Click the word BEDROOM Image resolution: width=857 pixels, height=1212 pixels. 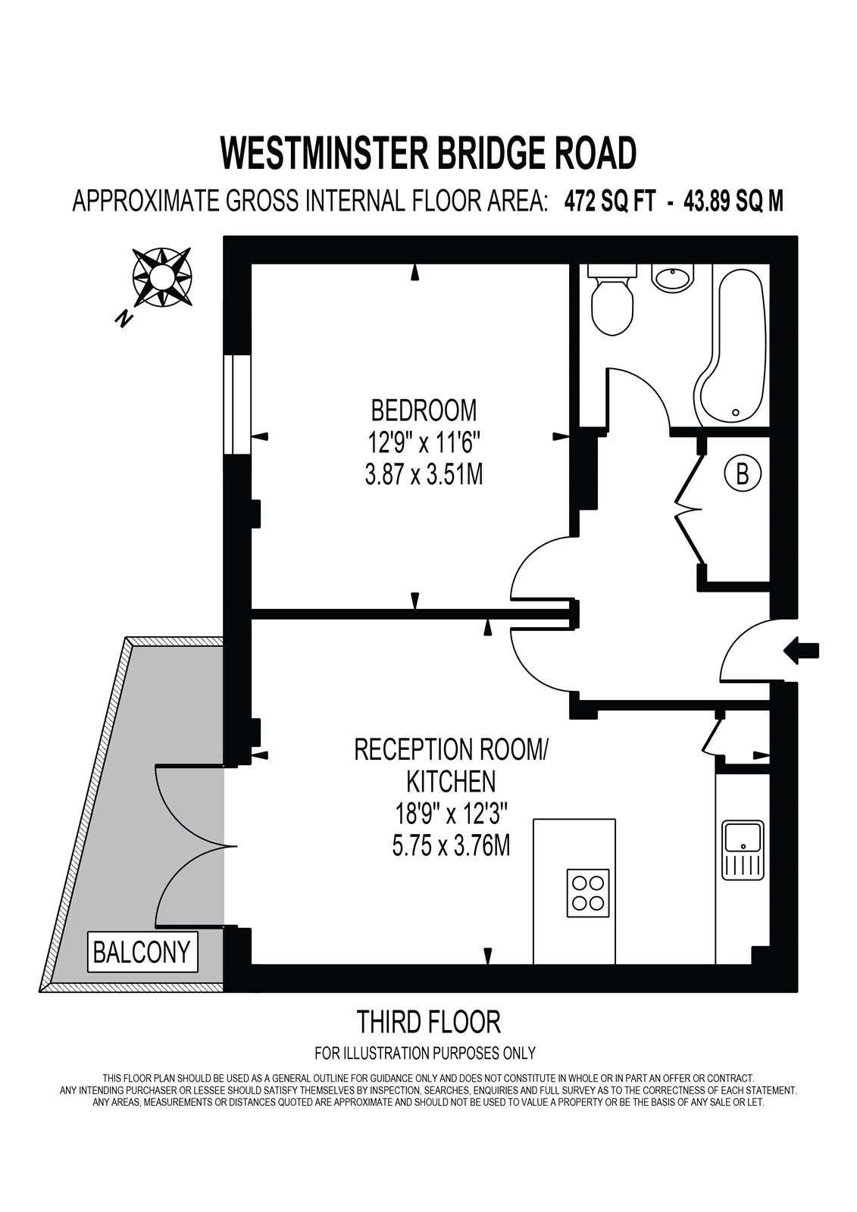pyautogui.click(x=424, y=411)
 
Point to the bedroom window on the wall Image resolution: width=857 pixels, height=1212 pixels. pyautogui.click(x=238, y=405)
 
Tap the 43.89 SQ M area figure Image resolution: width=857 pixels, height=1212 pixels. pyautogui.click(x=733, y=201)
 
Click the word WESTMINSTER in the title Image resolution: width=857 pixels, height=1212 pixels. pyautogui.click(x=323, y=153)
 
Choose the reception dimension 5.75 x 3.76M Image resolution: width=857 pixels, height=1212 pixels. pyautogui.click(x=451, y=845)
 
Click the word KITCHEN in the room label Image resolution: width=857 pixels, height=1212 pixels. pyautogui.click(x=451, y=781)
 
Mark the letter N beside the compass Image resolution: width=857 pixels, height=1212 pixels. pyautogui.click(x=124, y=319)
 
